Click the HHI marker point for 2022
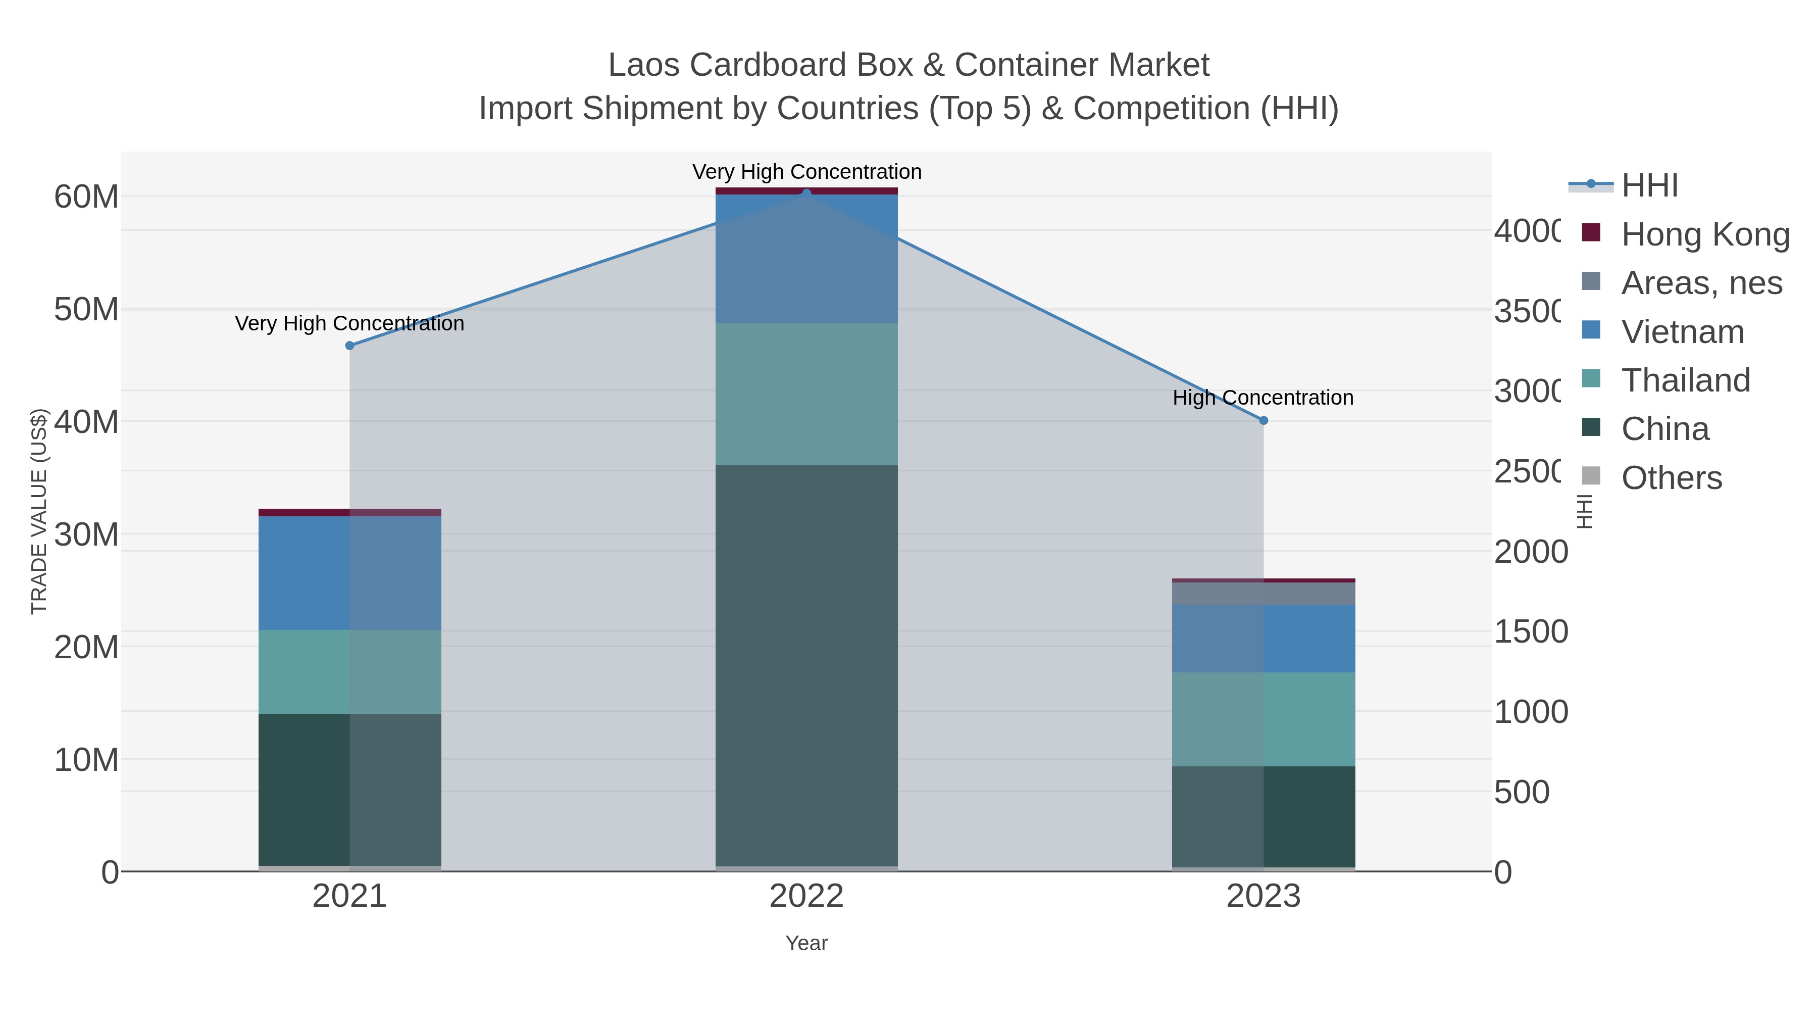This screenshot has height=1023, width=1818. tap(806, 193)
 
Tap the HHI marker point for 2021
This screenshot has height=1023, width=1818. tap(349, 345)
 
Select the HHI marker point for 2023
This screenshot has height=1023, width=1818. tap(1264, 420)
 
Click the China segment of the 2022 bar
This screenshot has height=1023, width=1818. tap(806, 664)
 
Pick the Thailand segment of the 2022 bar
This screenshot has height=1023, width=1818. tap(806, 394)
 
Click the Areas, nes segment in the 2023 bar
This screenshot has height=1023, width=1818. tap(1264, 593)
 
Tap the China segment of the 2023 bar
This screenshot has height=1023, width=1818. tap(1264, 816)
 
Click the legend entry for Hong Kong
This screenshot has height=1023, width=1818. tap(1704, 234)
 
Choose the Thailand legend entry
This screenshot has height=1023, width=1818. tap(1685, 380)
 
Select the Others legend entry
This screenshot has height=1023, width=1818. tap(1671, 478)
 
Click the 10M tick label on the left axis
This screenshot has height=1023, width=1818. tap(86, 760)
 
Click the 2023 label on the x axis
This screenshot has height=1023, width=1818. tap(1264, 897)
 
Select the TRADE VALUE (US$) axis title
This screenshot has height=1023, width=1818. tap(39, 511)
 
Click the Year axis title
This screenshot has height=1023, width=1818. tap(806, 943)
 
